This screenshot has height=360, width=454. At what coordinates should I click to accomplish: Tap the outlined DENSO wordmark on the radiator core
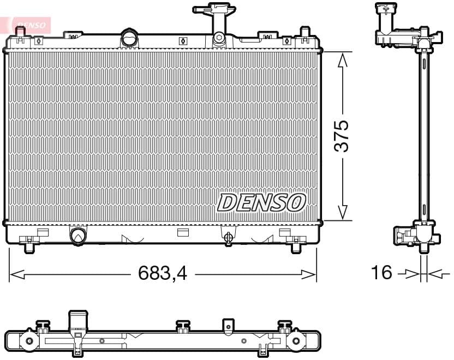click(261, 202)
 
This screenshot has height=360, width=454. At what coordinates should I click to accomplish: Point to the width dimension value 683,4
click(163, 273)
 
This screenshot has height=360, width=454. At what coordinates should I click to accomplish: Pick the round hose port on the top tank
click(130, 39)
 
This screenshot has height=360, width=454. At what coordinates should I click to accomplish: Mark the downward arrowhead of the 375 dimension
click(342, 213)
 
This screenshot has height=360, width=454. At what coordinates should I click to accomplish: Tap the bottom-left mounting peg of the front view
click(29, 247)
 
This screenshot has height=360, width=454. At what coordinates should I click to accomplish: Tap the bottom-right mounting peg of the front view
click(296, 247)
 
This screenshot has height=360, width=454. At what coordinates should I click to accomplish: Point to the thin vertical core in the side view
click(423, 136)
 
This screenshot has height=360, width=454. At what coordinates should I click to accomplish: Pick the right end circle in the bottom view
click(296, 341)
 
